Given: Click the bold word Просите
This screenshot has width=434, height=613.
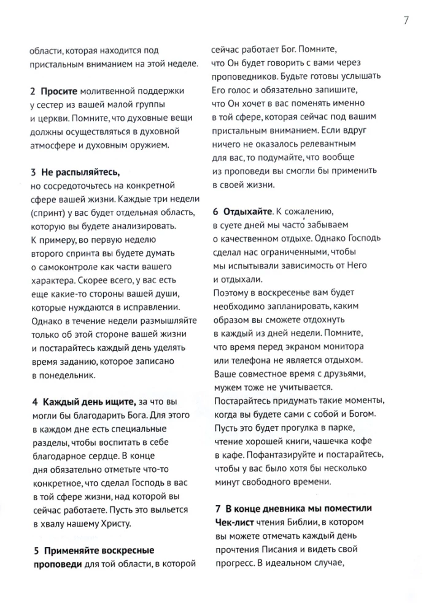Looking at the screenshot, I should coord(60,90).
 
